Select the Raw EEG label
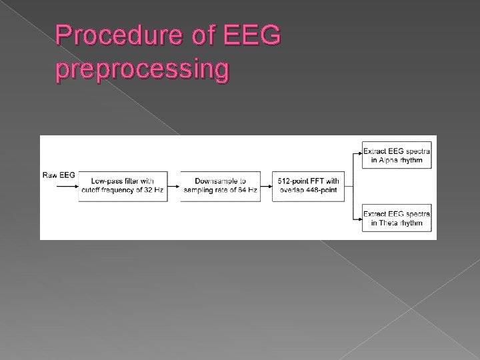(59, 175)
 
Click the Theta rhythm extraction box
(396, 218)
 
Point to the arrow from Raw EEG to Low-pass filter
(65, 187)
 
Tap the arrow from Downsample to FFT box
(265, 187)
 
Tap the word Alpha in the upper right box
(391, 160)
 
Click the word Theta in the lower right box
(391, 223)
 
